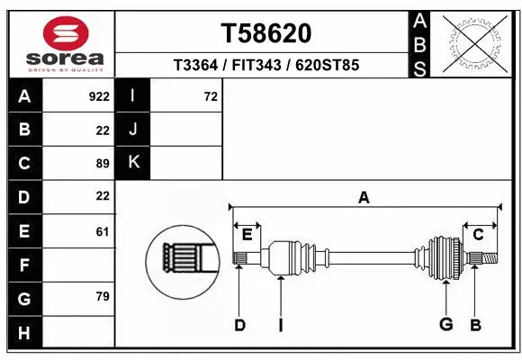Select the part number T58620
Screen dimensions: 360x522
pos(266,33)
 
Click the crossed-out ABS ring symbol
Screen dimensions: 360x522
pos(477,41)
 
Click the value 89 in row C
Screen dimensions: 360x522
pos(103,163)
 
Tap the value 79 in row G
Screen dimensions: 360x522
pos(103,296)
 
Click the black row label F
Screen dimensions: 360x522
pos(24,265)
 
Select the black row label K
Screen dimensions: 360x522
pos(133,163)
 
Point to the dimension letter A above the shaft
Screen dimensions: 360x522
pos(364,197)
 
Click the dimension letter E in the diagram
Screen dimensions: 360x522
pos(247,235)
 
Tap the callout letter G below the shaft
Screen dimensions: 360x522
pos(445,325)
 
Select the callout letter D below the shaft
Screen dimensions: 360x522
pos(239,325)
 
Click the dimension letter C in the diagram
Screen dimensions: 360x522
pos(479,235)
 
